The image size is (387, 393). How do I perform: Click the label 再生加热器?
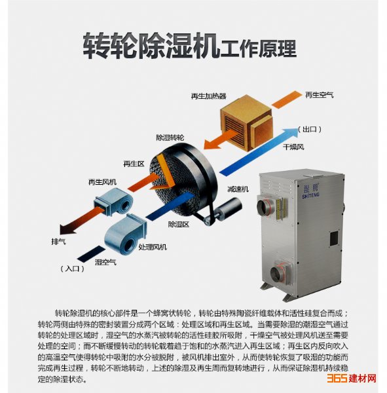[x=208, y=96]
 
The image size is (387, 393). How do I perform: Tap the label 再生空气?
[x=320, y=95]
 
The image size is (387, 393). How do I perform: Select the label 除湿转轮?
[x=170, y=138]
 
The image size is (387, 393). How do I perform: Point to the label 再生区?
[x=134, y=164]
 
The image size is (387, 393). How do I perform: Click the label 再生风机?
[x=102, y=182]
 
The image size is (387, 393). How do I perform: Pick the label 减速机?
[x=238, y=189]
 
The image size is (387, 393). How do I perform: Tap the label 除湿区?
[x=179, y=224]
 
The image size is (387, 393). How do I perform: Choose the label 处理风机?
[x=153, y=247]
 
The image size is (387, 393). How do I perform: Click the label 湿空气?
[x=105, y=262]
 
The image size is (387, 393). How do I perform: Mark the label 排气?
[x=58, y=241]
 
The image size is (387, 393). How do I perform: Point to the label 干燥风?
[x=293, y=147]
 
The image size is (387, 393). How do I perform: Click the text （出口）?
[x=310, y=129]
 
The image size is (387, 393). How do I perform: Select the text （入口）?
[x=72, y=269]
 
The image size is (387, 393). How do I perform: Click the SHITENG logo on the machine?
[x=310, y=191]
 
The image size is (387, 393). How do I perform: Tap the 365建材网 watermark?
[x=352, y=378]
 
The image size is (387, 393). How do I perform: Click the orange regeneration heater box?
[x=246, y=123]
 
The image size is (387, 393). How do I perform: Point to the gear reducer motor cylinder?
[x=228, y=209]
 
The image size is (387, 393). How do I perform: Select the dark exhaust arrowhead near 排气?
[x=66, y=229]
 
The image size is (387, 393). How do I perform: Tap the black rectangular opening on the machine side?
[x=334, y=239]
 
